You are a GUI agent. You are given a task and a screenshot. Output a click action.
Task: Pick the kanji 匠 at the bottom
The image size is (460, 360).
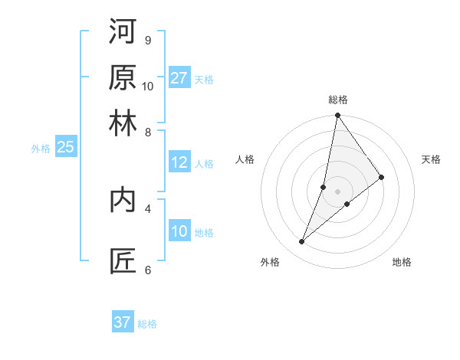(x=123, y=260)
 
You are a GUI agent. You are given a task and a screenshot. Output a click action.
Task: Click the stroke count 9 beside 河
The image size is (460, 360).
(x=147, y=40)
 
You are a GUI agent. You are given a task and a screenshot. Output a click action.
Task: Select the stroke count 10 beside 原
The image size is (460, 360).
(x=148, y=86)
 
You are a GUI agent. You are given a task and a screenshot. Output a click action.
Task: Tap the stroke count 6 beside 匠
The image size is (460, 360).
(x=147, y=270)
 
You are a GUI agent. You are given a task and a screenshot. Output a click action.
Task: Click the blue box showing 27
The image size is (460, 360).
(x=179, y=77)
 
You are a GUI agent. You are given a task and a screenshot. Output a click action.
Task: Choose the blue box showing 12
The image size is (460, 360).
(x=179, y=162)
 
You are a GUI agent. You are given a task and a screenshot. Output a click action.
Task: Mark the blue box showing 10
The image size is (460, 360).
(x=179, y=231)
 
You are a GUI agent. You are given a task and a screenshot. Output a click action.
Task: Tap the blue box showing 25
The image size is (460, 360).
(x=65, y=147)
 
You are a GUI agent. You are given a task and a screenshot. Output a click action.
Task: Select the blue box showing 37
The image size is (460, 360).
(x=123, y=322)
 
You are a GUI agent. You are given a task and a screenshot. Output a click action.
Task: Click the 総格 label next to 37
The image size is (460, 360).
(x=147, y=324)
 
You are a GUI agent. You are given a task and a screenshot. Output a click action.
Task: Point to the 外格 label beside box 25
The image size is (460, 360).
(x=41, y=149)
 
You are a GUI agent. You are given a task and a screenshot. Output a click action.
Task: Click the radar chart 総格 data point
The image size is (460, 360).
(x=337, y=116)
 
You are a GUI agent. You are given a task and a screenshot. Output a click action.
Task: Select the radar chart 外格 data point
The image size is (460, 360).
(x=302, y=242)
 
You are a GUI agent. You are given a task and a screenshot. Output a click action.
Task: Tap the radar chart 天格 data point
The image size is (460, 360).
(x=382, y=177)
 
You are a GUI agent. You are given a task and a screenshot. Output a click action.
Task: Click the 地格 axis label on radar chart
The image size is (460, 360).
(x=402, y=262)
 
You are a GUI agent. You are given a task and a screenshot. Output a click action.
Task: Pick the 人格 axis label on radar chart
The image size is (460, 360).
(x=245, y=159)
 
